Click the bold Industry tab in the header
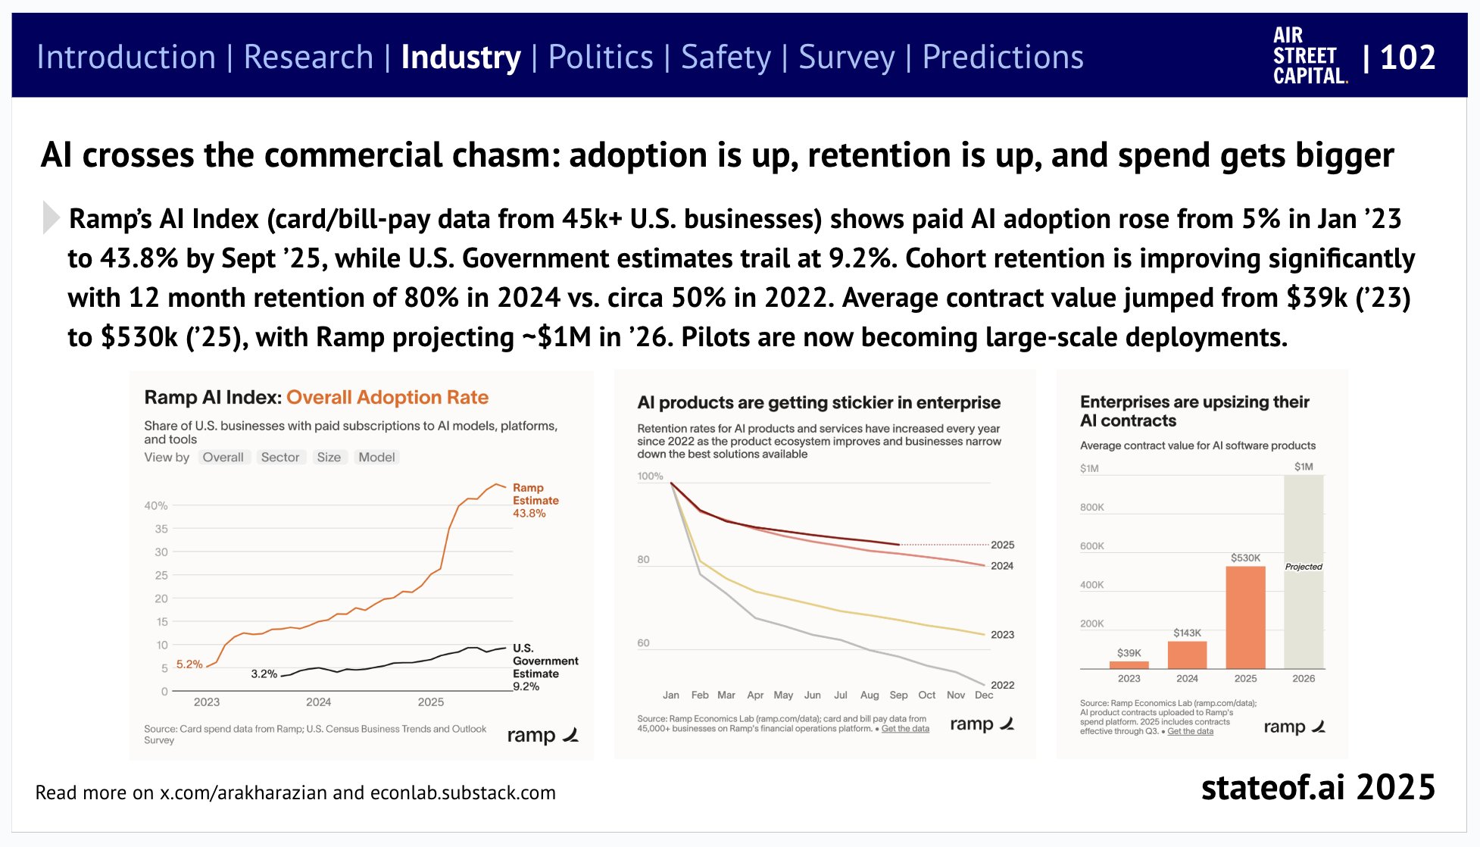pos(461,58)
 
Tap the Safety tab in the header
pos(726,58)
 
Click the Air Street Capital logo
pos(1310,56)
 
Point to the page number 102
pos(1407,58)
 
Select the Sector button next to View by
pos(279,458)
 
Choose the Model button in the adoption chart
pos(376,458)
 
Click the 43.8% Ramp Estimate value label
pos(529,514)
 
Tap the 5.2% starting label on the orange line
pos(189,664)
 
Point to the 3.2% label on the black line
pos(264,674)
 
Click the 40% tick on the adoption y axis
pos(156,505)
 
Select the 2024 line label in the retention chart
pos(1002,566)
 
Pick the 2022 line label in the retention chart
pos(1002,685)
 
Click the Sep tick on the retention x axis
pos(898,695)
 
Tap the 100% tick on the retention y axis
pos(650,477)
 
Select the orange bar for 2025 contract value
pos(1245,617)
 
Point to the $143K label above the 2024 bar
pos(1187,633)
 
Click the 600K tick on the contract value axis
pos(1091,546)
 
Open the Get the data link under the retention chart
pos(905,729)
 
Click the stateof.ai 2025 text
pos(1318,788)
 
